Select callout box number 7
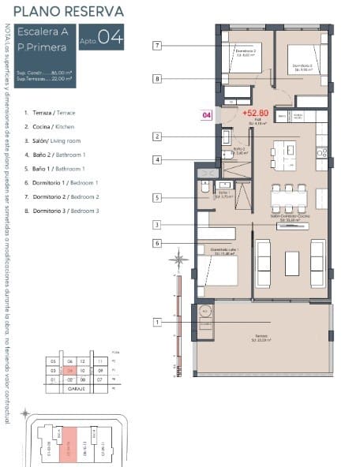pos(158,46)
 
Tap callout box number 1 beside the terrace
pos(158,322)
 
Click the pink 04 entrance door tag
pos(207,115)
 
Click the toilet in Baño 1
pos(204,189)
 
